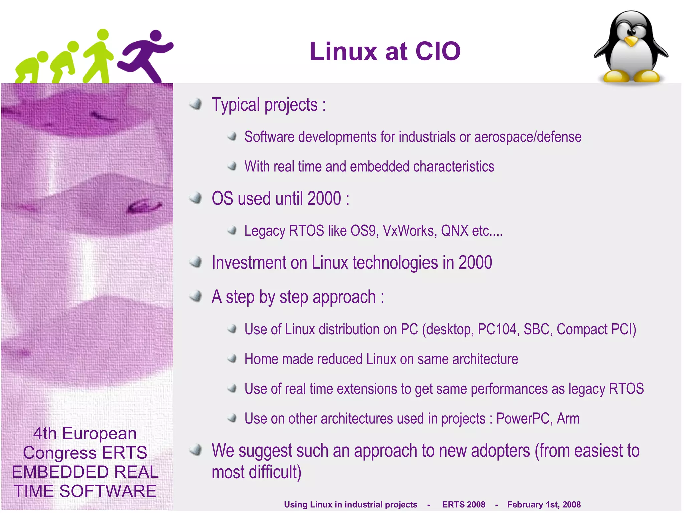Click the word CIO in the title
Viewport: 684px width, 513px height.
tap(438, 52)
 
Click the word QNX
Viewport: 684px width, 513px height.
tap(455, 231)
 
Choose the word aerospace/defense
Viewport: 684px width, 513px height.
tap(528, 137)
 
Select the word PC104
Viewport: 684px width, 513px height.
tap(497, 329)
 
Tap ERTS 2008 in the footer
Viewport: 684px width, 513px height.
tap(463, 505)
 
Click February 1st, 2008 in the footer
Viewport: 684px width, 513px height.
tap(544, 505)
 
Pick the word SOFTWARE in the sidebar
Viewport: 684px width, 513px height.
tap(108, 491)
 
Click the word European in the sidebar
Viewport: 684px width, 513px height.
tap(99, 434)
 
